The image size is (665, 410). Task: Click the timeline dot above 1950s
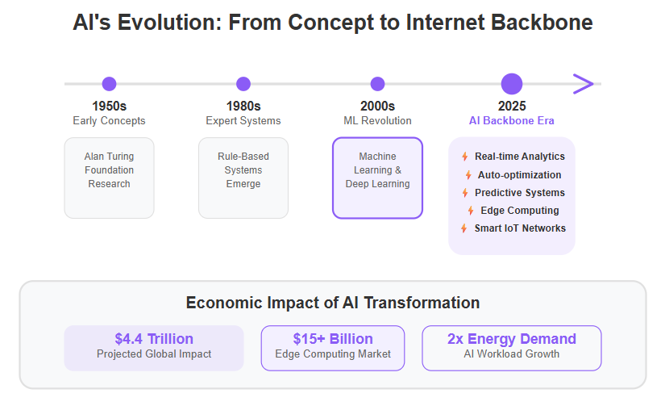[109, 84]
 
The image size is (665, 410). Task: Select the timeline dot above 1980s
[243, 84]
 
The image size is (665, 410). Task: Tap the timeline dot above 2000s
[377, 84]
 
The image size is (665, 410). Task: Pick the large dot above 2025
[512, 84]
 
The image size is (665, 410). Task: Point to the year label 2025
[512, 106]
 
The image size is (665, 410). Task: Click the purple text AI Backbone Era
[512, 120]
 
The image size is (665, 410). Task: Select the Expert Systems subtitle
[243, 120]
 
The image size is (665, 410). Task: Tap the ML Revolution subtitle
[377, 120]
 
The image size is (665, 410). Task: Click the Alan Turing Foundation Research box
[109, 178]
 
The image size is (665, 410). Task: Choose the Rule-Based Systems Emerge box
[243, 178]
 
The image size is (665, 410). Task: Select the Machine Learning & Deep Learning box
[377, 178]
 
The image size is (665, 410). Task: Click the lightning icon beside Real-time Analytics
[465, 157]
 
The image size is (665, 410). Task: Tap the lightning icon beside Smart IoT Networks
[464, 228]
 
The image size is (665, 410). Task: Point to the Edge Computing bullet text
[520, 211]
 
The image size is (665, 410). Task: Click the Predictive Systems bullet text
[520, 193]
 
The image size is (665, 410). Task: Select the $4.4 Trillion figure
[154, 339]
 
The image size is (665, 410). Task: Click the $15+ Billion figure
[333, 339]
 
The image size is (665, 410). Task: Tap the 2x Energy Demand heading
[512, 339]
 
